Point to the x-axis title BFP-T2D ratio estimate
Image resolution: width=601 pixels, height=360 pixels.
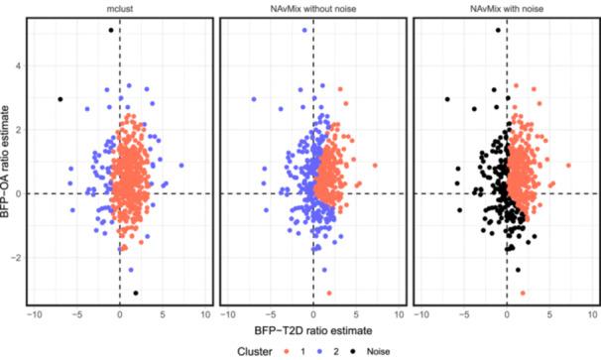pyautogui.click(x=313, y=329)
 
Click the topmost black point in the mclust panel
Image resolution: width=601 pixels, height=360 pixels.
pyautogui.click(x=111, y=31)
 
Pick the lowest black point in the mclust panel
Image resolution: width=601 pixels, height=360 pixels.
pyautogui.click(x=136, y=293)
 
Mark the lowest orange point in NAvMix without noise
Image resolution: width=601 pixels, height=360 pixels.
pyautogui.click(x=329, y=293)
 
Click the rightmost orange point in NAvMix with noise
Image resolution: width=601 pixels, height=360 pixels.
pyautogui.click(x=568, y=166)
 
